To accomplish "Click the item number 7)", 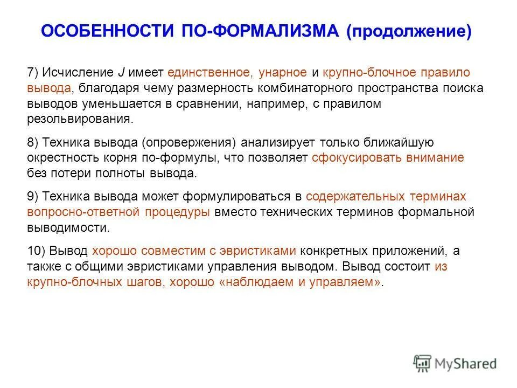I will point(33,73).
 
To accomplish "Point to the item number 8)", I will point(33,143).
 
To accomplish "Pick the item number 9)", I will point(33,197).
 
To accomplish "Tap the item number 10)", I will point(37,251).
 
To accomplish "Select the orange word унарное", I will point(283,73).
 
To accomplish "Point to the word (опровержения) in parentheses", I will point(190,143).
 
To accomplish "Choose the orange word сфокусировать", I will point(352,158).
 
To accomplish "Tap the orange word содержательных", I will point(355,197).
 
